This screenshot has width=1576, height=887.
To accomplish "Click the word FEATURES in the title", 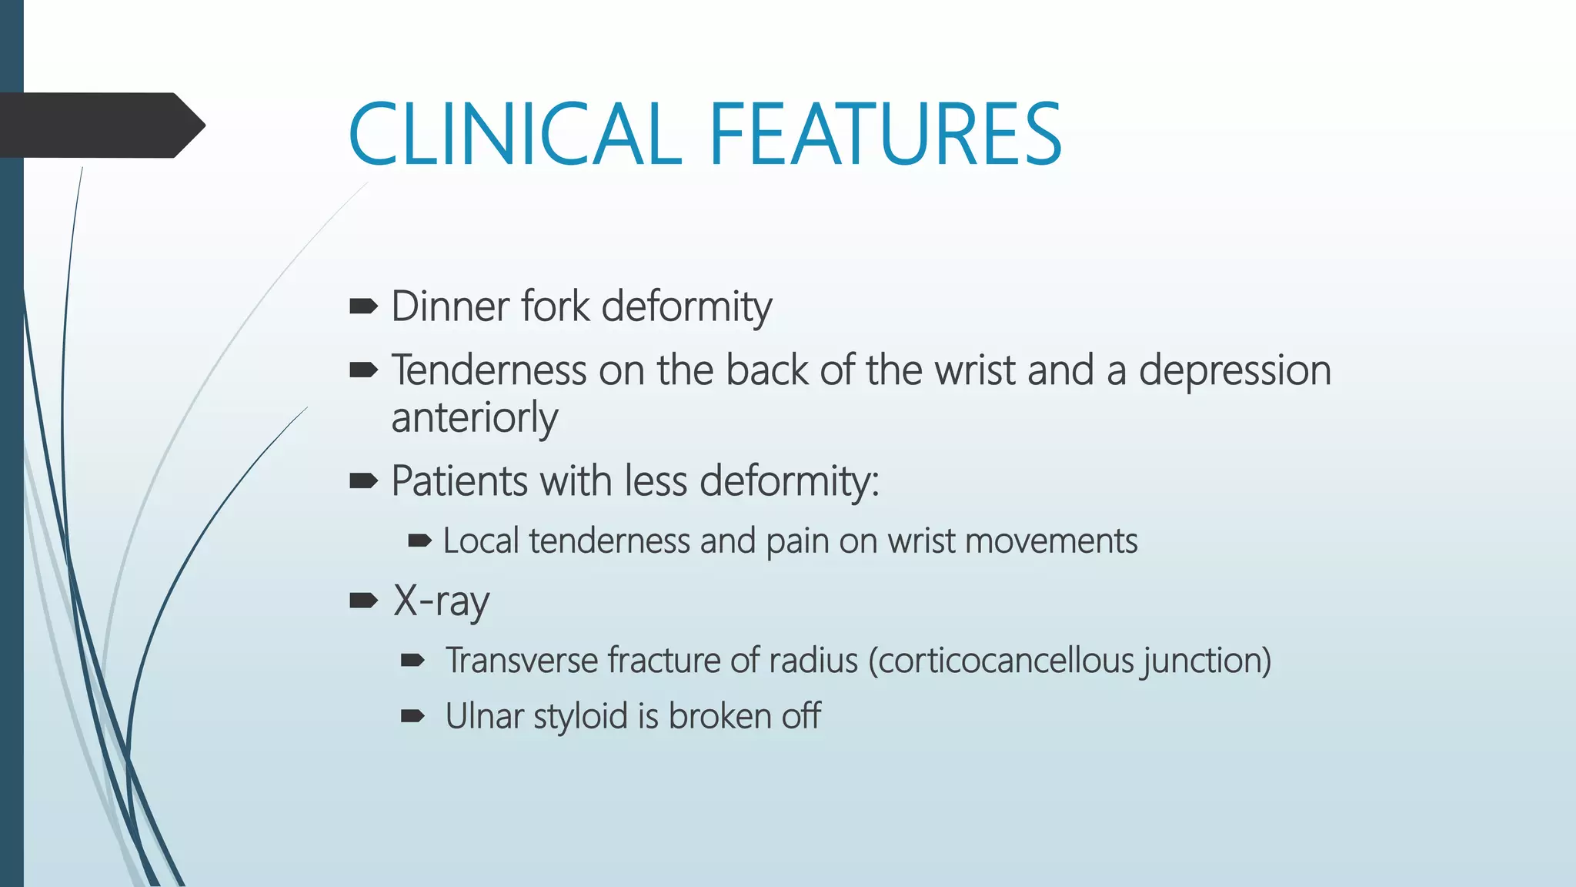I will tap(885, 135).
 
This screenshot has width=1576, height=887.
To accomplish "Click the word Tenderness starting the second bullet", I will tap(489, 370).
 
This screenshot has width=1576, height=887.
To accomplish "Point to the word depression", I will tap(1234, 370).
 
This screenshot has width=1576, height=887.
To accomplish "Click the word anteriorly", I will tap(474, 418).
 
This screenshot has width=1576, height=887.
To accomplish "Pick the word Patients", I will tap(459, 481).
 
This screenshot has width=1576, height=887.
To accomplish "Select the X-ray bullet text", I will tap(441, 601).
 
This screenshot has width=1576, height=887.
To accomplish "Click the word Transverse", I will tap(521, 661).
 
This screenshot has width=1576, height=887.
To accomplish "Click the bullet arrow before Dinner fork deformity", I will tap(363, 307).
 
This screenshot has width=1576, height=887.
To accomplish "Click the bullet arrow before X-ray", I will tap(363, 601).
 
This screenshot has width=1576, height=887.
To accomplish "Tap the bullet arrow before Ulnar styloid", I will tap(413, 716).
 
